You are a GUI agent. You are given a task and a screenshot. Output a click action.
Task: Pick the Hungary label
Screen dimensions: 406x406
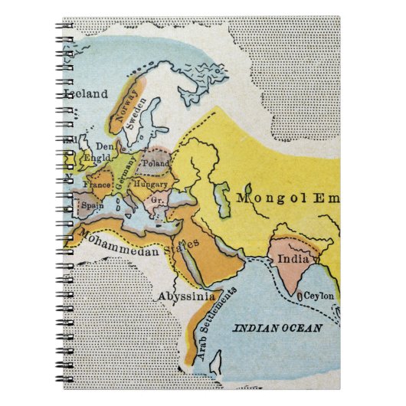pos(150,185)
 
